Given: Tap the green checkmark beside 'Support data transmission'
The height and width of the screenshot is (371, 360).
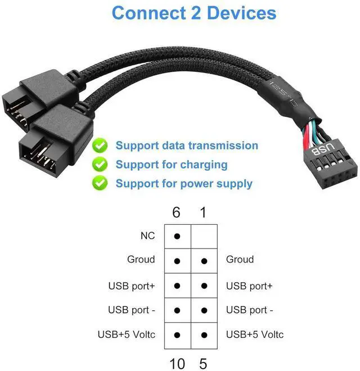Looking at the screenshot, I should [x=101, y=146].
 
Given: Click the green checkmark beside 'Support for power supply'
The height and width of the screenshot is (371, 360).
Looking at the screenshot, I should [x=101, y=183].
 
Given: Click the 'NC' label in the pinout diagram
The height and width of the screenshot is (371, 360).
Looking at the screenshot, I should [x=147, y=236].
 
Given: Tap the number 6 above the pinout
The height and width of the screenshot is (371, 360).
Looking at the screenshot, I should [x=177, y=213].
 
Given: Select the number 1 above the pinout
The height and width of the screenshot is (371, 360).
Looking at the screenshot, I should [x=204, y=213].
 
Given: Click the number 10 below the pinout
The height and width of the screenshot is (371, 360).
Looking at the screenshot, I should [x=177, y=364].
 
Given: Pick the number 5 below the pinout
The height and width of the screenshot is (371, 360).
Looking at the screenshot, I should [x=204, y=364].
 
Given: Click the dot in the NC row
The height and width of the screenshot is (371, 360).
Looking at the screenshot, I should [x=177, y=236].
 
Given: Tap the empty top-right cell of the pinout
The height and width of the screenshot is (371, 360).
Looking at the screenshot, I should [x=204, y=236].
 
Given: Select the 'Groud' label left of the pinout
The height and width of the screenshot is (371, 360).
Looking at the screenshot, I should [x=141, y=260].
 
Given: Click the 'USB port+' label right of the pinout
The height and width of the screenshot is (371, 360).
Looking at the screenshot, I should [x=249, y=286].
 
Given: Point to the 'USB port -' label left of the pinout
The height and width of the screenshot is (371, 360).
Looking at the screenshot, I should [x=131, y=310].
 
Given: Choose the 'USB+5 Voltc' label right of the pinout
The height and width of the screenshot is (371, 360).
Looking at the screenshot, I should [x=255, y=335].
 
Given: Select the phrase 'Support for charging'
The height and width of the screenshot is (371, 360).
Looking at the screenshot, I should [x=172, y=165].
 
